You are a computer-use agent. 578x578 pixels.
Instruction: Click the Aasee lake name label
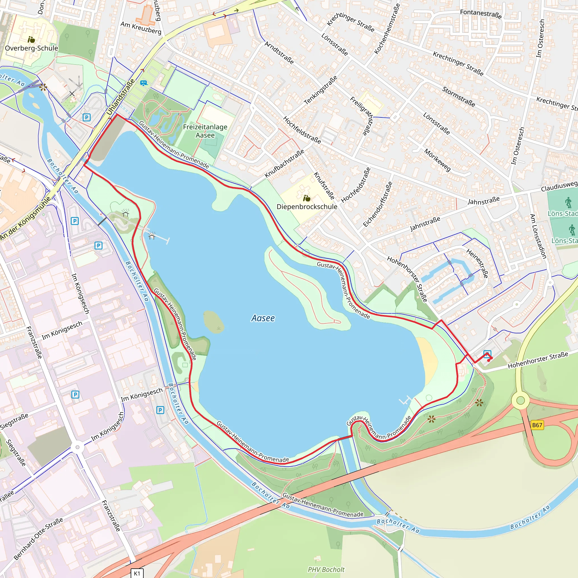tap(263, 318)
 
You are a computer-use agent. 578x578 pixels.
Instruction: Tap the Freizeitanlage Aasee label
tap(205, 131)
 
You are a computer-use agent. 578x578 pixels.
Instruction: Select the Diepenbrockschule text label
tap(307, 207)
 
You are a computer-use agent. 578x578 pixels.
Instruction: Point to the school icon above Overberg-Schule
tap(31, 40)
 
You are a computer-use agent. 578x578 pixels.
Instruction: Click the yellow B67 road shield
tap(537, 425)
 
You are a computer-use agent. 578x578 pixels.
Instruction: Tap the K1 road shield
tap(137, 573)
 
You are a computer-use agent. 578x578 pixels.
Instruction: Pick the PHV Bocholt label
tap(326, 570)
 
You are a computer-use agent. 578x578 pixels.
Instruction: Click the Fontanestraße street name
tap(481, 14)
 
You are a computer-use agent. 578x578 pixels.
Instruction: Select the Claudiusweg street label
tap(559, 186)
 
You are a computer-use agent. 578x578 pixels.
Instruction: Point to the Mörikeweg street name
tap(437, 160)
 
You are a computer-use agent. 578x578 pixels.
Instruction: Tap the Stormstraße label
tap(459, 97)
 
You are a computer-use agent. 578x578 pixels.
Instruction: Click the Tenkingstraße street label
tap(320, 90)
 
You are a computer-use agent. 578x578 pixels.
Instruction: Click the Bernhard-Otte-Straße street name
tap(38, 538)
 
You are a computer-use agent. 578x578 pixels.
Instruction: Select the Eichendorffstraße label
tap(378, 204)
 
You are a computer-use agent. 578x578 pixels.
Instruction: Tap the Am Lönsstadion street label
tap(538, 236)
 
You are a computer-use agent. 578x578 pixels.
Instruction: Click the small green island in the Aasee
tap(214, 322)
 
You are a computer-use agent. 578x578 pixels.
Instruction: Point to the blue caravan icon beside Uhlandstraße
tap(144, 83)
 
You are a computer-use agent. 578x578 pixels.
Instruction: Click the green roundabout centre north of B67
tap(520, 400)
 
